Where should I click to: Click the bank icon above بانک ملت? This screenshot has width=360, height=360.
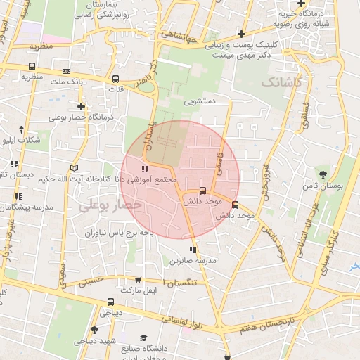[x=67, y=71]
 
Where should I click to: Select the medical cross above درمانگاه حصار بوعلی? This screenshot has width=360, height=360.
[x=82, y=107]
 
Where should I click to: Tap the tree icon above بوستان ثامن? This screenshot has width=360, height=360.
[x=323, y=173]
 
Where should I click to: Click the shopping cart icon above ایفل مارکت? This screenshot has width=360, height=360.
[x=137, y=280]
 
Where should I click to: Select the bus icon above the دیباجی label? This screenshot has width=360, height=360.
[x=110, y=302]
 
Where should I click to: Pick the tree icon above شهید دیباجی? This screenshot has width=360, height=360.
[x=94, y=329]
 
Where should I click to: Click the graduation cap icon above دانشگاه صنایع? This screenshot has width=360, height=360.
[x=144, y=338]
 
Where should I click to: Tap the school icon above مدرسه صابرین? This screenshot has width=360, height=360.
[x=192, y=250]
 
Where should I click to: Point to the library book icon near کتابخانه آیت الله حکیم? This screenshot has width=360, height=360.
[x=75, y=168]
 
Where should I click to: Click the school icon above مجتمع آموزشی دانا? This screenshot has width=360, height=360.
[x=145, y=169]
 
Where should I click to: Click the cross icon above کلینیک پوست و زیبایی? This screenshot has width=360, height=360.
[x=241, y=33]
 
